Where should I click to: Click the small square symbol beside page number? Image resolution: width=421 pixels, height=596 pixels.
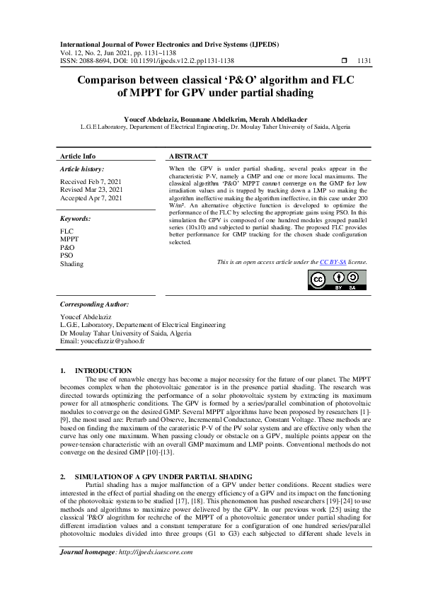[344, 61]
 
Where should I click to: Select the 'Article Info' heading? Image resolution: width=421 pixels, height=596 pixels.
[78, 156]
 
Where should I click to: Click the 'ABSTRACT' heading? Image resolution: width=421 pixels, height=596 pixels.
[188, 156]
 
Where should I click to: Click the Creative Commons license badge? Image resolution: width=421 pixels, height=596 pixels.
[338, 280]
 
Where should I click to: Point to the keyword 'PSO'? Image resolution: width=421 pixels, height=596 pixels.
[67, 256]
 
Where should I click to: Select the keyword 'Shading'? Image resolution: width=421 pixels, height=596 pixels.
[71, 264]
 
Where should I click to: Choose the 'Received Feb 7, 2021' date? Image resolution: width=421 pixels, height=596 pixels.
[91, 182]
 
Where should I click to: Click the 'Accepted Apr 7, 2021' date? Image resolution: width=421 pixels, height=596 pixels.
[91, 198]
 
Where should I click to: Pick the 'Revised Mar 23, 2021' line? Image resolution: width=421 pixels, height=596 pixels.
[91, 190]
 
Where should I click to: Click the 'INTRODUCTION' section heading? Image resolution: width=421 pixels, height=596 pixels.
[103, 371]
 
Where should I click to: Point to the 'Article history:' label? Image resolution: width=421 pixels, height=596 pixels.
[82, 169]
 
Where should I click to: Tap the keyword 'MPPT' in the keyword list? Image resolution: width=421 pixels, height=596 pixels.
[69, 239]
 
